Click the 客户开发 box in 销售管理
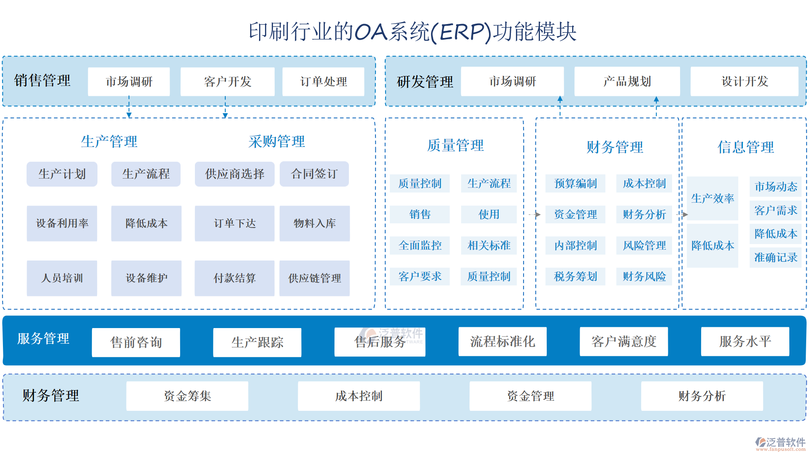[227, 81]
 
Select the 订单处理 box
[323, 81]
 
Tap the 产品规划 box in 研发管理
[627, 81]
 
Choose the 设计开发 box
[745, 81]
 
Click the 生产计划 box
[62, 174]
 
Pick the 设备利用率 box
[62, 223]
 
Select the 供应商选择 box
[235, 174]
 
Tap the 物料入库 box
[315, 223]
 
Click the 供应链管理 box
[315, 278]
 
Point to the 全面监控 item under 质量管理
[420, 245]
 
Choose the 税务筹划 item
[575, 277]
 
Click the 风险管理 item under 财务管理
[644, 245]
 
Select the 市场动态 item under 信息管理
[775, 187]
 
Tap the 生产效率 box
[713, 198]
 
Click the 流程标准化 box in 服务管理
[502, 342]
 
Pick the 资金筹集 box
[187, 396]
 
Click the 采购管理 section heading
[277, 141]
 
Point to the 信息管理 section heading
[745, 147]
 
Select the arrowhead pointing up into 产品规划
[656, 100]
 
